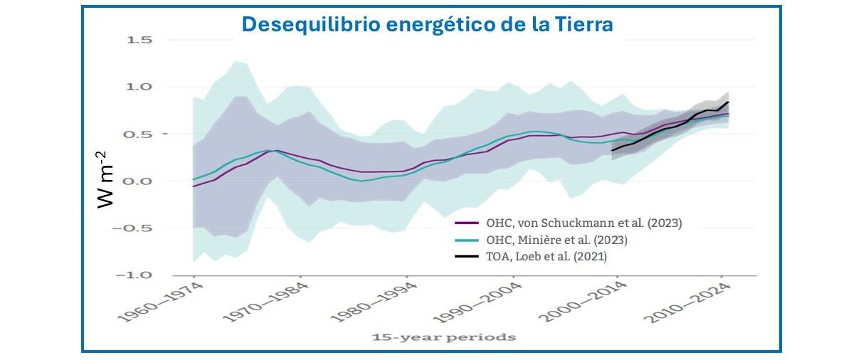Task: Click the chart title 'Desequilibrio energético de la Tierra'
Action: pyautogui.click(x=427, y=24)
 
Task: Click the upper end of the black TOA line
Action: pyautogui.click(x=728, y=102)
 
